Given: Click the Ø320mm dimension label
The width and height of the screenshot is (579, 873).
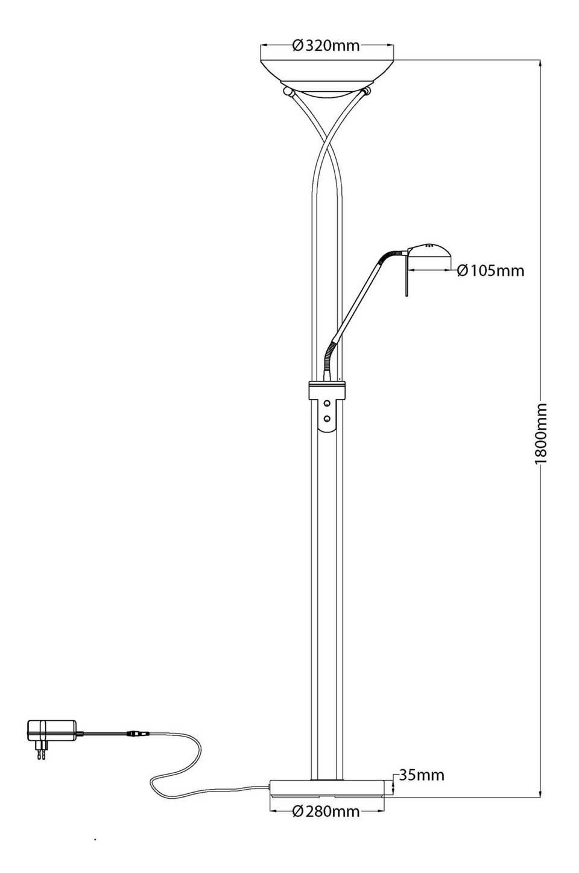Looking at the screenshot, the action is click(326, 46).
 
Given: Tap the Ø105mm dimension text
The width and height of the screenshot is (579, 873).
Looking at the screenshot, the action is click(490, 270).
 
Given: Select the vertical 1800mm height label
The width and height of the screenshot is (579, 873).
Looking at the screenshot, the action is click(541, 433).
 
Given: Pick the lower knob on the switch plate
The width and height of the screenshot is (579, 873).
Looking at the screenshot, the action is click(327, 419).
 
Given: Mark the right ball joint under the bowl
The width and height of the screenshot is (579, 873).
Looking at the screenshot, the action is click(367, 92).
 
